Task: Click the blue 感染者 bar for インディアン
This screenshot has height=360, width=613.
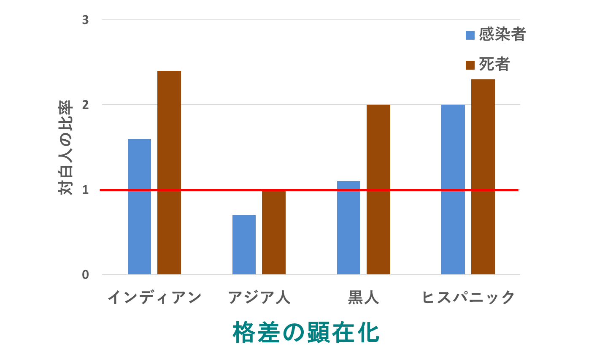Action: point(139,206)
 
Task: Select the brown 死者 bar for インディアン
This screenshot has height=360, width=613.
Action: point(169,173)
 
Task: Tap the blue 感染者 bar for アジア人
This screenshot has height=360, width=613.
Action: point(244,245)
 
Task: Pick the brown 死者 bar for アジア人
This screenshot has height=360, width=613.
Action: point(274,232)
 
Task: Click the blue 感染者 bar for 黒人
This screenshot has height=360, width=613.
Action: point(348,227)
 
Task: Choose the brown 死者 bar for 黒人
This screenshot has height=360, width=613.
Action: point(378,189)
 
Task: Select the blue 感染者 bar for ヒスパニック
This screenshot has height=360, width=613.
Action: point(453,189)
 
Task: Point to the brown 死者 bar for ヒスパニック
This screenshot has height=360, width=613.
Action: point(483,177)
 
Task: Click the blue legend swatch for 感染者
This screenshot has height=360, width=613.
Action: point(470,35)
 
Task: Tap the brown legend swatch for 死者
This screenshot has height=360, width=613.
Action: point(470,65)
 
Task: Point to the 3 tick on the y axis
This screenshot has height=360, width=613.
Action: point(86,20)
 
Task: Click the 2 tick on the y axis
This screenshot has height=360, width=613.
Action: point(86,105)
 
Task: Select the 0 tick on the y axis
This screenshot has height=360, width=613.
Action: point(86,275)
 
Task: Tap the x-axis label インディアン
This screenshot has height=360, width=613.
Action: point(154,298)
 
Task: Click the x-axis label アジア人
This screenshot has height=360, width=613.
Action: point(259,298)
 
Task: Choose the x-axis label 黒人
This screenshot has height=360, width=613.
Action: point(363,298)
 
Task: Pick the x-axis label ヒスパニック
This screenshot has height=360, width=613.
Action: point(468,298)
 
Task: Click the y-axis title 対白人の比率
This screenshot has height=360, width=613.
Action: point(65,148)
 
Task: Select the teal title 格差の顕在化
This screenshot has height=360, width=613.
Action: point(306,333)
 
